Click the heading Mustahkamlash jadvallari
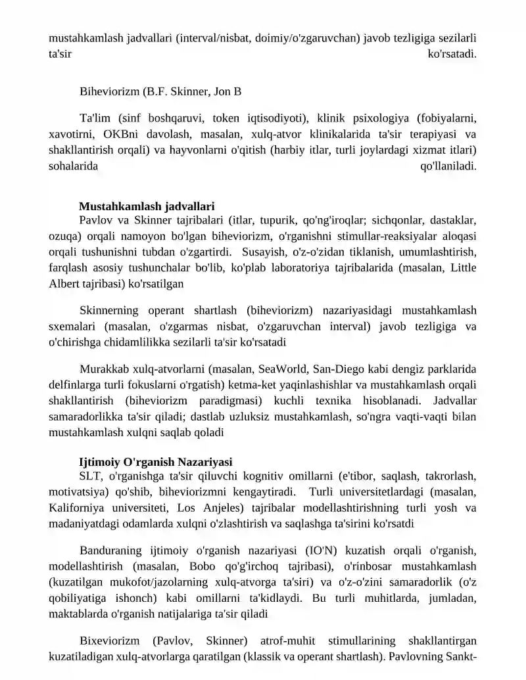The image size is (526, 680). (147, 206)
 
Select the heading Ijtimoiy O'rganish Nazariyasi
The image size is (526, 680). (155, 462)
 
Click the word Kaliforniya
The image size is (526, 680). (75, 508)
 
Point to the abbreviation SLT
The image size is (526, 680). (90, 476)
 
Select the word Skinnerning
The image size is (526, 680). (110, 310)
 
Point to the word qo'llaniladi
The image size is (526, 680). (448, 166)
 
